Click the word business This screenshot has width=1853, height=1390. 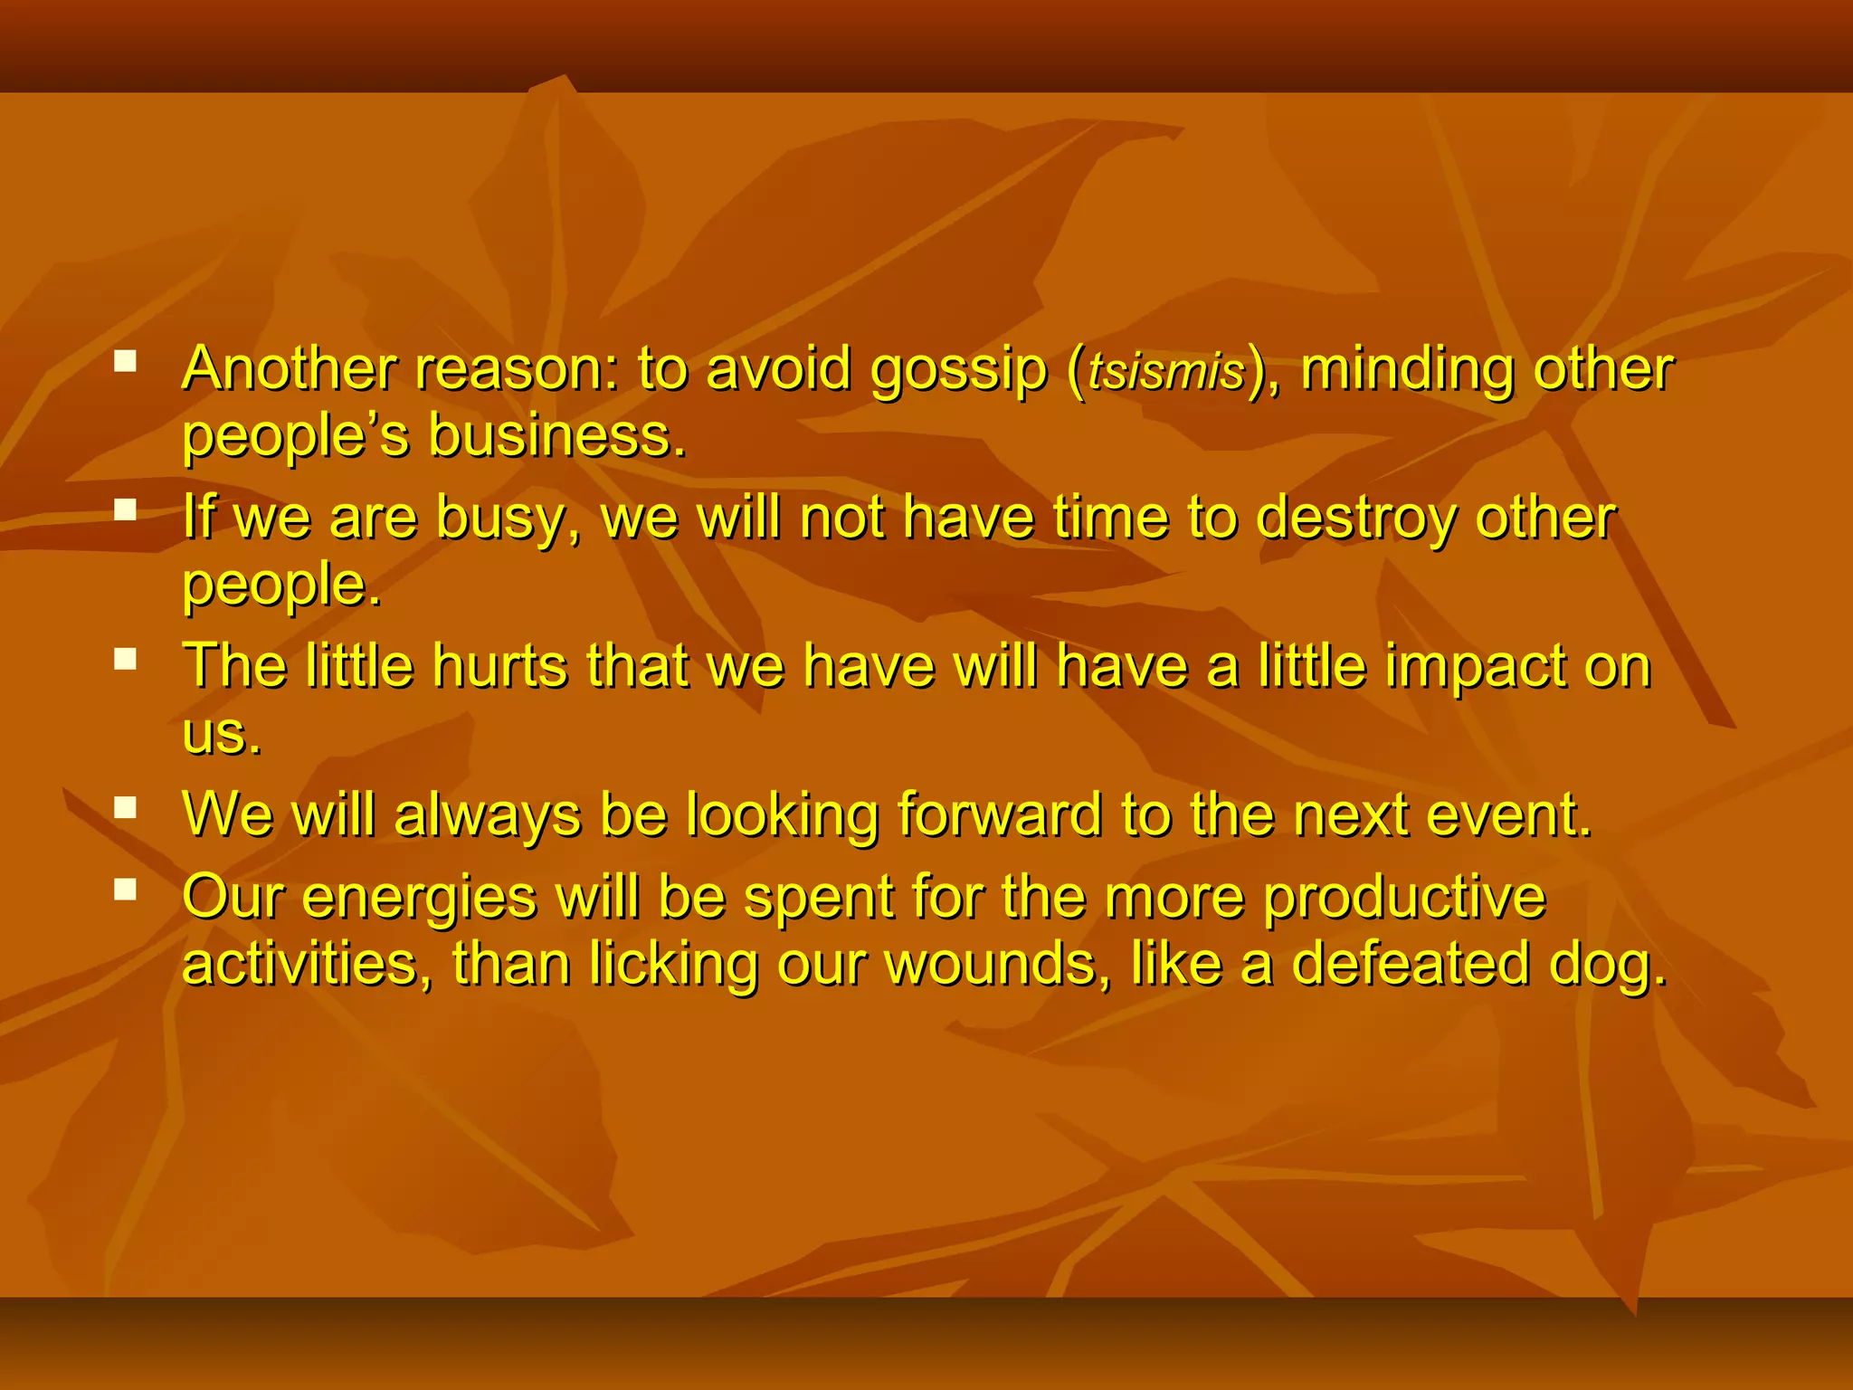point(556,436)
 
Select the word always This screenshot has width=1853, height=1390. point(488,816)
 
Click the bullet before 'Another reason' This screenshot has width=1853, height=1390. point(125,363)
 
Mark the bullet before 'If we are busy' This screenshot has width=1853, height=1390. point(125,511)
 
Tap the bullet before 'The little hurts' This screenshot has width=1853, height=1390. point(125,659)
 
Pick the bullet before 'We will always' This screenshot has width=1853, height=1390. point(125,807)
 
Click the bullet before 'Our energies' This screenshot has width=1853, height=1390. point(125,890)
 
